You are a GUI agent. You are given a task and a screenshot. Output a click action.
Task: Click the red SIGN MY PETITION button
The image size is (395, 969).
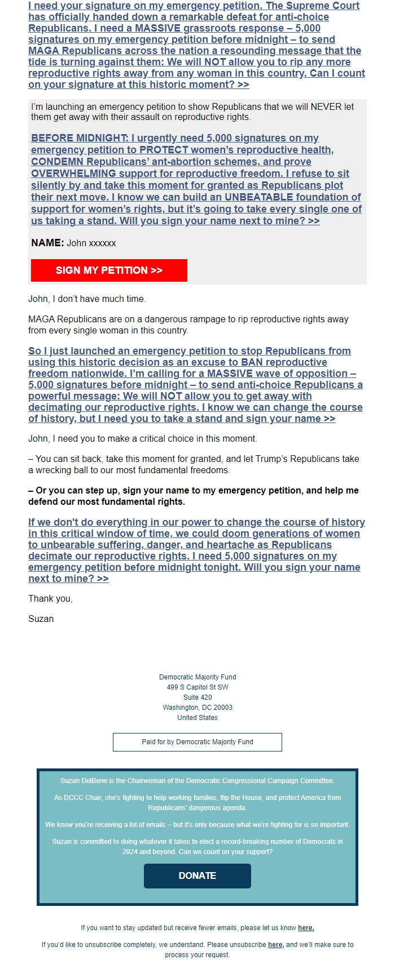pyautogui.click(x=109, y=270)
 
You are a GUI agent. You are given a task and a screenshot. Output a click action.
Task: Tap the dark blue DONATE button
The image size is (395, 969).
pyautogui.click(x=197, y=875)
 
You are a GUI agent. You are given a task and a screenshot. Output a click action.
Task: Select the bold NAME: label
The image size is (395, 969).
pyautogui.click(x=47, y=243)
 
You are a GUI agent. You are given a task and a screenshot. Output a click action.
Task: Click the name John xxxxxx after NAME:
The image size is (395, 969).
pyautogui.click(x=91, y=243)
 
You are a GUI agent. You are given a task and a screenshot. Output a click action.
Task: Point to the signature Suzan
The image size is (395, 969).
pyautogui.click(x=41, y=619)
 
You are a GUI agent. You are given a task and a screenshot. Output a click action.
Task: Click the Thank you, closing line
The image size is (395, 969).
pyautogui.click(x=50, y=598)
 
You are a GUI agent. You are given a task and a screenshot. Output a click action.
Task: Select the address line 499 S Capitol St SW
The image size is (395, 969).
pyautogui.click(x=197, y=687)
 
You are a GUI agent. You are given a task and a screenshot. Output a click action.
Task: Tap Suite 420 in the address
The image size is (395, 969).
pyautogui.click(x=197, y=697)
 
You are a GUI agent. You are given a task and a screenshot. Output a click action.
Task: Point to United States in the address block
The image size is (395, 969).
pyautogui.click(x=197, y=718)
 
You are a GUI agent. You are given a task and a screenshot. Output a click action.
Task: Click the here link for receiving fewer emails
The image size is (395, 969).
pyautogui.click(x=306, y=928)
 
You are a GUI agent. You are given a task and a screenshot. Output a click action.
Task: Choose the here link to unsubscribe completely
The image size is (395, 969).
pyautogui.click(x=275, y=945)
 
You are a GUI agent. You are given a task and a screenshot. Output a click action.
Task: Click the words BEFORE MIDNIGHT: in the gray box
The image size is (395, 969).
pyautogui.click(x=80, y=138)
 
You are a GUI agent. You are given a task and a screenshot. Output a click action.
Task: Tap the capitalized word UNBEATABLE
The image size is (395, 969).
pyautogui.click(x=259, y=197)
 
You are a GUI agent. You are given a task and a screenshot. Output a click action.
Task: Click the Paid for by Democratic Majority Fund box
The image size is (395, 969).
pyautogui.click(x=197, y=742)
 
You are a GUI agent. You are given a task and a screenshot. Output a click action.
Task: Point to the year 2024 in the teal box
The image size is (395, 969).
pyautogui.click(x=131, y=852)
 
